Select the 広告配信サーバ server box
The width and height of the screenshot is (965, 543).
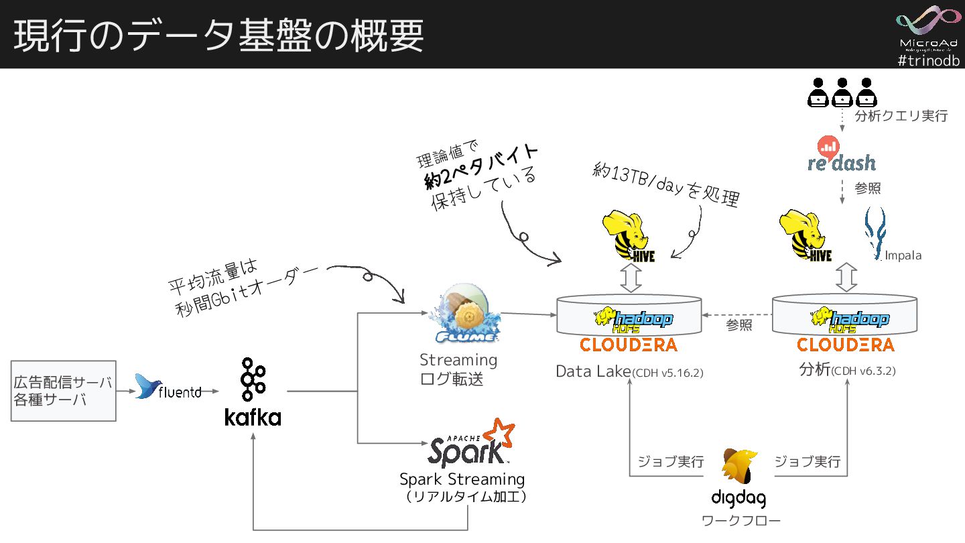63,391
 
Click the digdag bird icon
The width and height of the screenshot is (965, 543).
739,467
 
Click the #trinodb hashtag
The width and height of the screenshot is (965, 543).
928,60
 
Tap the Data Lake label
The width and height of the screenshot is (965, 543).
593,371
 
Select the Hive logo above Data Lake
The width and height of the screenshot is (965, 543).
629,236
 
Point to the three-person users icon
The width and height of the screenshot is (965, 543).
842,93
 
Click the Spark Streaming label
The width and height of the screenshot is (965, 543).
462,479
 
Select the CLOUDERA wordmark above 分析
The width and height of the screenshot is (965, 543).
845,345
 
